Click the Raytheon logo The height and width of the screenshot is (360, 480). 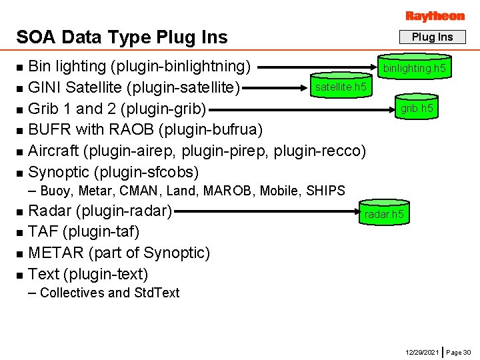(435, 15)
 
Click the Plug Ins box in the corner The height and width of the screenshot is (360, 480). (432, 37)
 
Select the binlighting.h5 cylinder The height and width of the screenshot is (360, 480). (413, 68)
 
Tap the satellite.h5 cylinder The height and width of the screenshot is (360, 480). (340, 87)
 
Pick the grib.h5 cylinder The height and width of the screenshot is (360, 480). (416, 108)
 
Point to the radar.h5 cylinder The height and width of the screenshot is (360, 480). (383, 214)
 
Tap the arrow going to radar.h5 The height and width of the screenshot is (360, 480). (267, 212)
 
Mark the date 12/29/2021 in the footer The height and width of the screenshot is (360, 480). (422, 351)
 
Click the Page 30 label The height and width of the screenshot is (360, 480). (459, 351)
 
